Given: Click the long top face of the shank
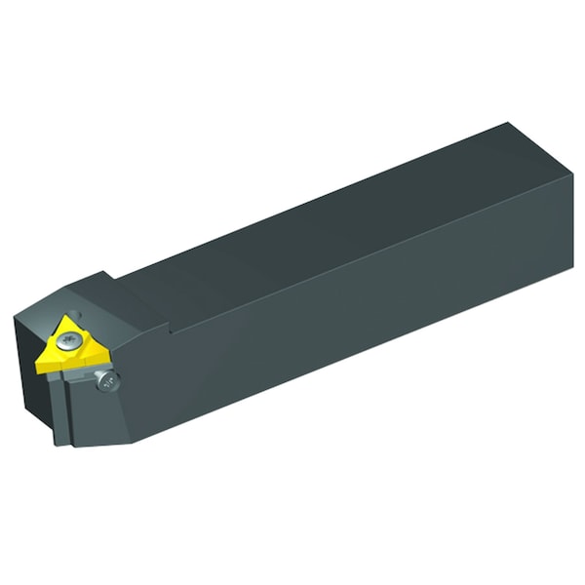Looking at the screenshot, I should click(x=322, y=224).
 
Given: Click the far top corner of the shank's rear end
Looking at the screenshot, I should click(x=509, y=124).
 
